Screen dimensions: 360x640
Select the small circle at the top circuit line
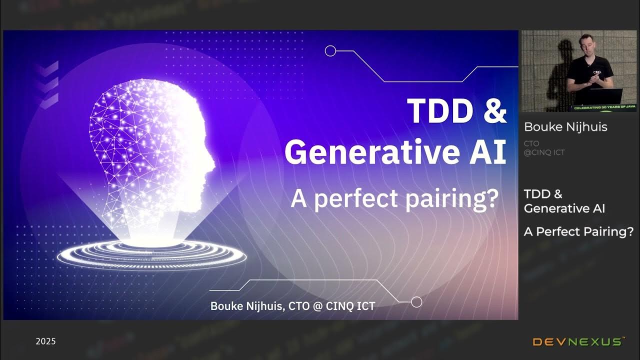point(330,50)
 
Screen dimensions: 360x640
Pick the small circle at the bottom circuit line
point(416,302)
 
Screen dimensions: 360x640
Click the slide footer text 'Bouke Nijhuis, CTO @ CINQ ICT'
point(292,306)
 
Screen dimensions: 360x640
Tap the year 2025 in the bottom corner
point(45,341)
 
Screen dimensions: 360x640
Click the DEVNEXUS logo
point(578,342)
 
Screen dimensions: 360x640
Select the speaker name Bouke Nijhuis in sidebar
point(565,127)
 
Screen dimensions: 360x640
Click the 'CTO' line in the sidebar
point(531,143)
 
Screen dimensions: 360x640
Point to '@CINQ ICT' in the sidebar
point(544,152)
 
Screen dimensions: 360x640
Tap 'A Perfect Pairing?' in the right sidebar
point(578,232)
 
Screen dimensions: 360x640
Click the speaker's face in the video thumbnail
point(585,43)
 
